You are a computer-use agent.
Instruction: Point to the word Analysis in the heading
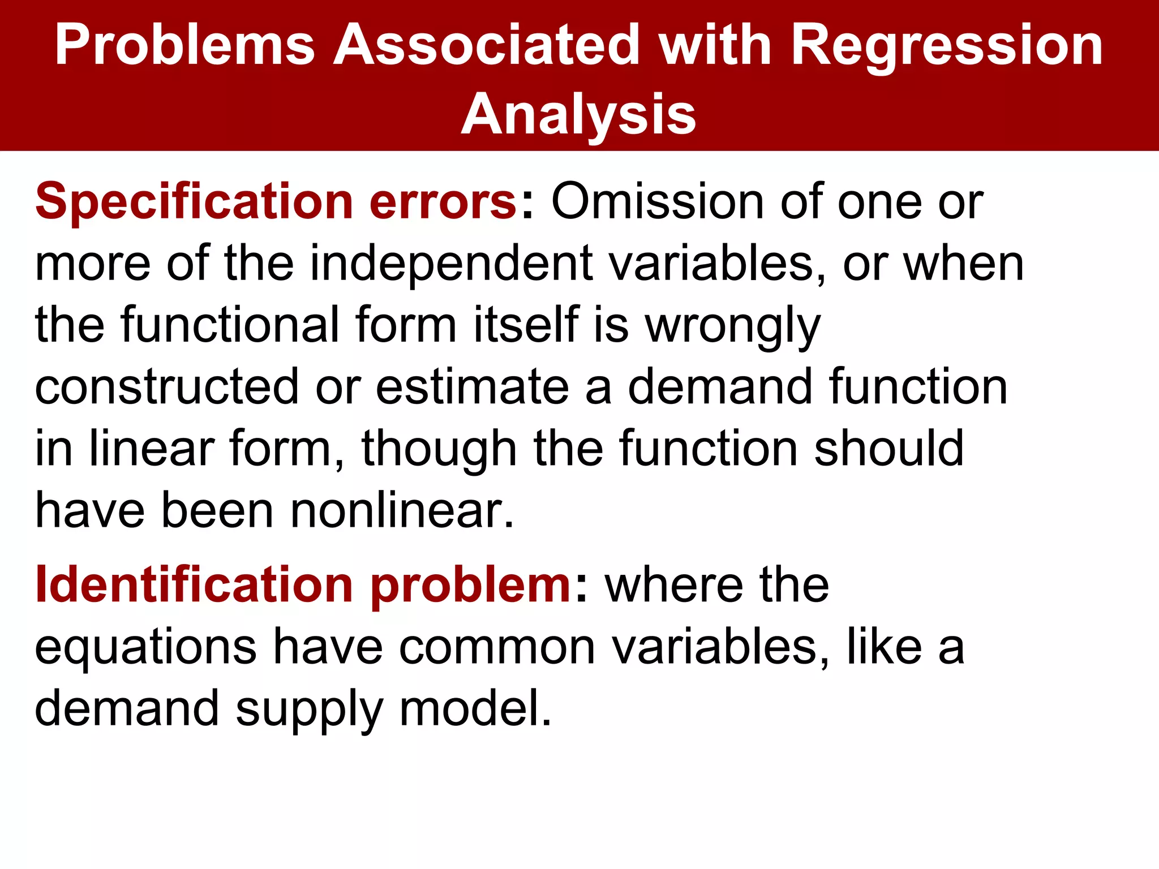click(578, 115)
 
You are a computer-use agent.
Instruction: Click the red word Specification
click(194, 203)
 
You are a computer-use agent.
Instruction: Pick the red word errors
click(443, 203)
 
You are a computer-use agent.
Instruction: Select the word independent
click(452, 264)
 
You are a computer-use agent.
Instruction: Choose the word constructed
click(166, 387)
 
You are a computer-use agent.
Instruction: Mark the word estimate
click(473, 387)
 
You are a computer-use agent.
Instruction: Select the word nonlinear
click(396, 510)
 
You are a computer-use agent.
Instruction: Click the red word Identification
click(194, 585)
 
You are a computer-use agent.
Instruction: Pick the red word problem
click(471, 585)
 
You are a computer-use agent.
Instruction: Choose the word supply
click(309, 708)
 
